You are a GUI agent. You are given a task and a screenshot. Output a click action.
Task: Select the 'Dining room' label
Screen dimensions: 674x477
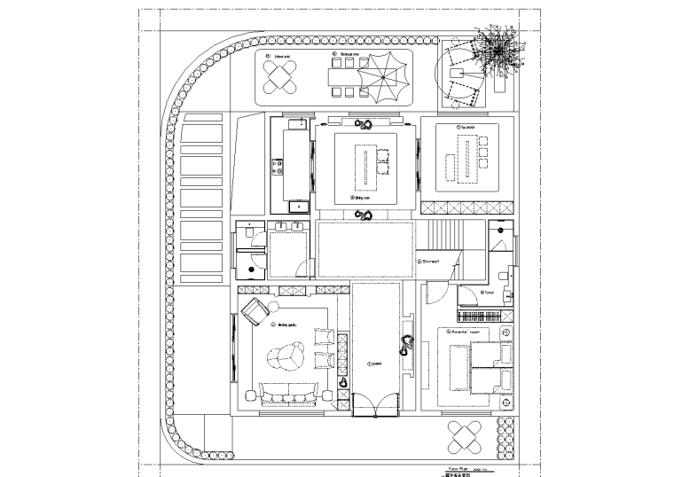click(x=360, y=198)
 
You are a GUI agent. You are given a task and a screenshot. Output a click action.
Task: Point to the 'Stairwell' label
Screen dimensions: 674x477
click(x=430, y=262)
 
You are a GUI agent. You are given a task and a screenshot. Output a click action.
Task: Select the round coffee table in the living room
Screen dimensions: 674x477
click(x=286, y=358)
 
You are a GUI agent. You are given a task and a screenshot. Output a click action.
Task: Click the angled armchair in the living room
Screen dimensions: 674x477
click(x=255, y=311)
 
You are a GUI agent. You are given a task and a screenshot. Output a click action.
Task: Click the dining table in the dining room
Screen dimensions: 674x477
click(x=364, y=166)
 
